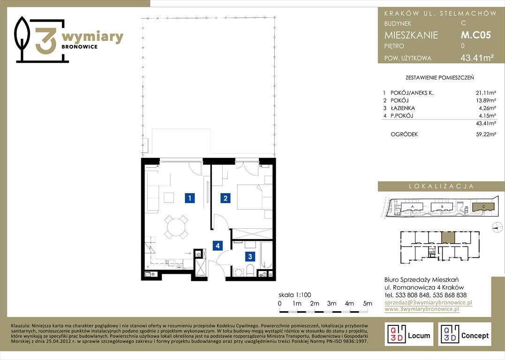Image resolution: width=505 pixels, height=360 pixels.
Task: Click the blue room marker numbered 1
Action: (190, 198)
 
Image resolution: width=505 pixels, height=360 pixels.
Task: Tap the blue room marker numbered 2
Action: (226, 198)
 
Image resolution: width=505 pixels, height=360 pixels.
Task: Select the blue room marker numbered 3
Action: (250, 256)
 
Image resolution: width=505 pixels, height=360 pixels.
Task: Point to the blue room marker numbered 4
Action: (218, 246)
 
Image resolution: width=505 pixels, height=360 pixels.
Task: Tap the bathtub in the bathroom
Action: (266, 255)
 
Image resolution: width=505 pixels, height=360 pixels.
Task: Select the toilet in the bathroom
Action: (250, 270)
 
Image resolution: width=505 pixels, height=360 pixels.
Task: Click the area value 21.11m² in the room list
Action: (486, 93)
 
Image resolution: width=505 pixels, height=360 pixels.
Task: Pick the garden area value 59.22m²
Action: (486, 135)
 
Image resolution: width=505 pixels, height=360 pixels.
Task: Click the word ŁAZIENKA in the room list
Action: (403, 108)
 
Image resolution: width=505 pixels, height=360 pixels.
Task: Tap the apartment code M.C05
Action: (475, 35)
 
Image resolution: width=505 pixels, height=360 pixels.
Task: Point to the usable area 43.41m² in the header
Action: (477, 58)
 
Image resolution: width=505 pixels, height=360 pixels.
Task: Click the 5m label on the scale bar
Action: (368, 303)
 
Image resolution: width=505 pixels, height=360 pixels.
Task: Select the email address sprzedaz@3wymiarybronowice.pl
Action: (429, 303)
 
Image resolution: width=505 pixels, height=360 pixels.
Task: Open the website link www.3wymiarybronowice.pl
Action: (422, 309)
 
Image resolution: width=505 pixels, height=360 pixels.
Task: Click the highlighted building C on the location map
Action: (483, 207)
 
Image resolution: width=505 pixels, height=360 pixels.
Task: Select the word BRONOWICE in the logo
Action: (79, 47)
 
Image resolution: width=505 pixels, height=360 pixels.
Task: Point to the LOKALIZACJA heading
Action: (441, 187)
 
